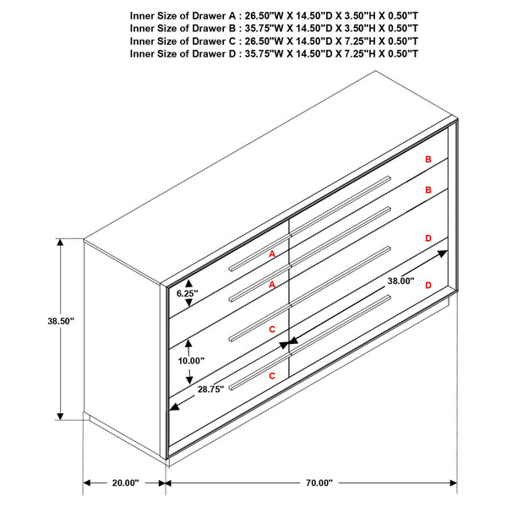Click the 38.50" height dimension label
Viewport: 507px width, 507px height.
(61, 321)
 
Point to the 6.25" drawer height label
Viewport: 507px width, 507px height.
(187, 293)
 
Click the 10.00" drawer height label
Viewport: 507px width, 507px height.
(191, 360)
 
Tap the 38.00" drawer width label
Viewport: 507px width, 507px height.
(401, 281)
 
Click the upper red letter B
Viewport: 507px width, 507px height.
(428, 160)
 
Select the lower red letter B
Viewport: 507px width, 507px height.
(428, 190)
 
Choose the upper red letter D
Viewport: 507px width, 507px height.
(428, 239)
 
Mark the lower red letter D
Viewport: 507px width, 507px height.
(428, 286)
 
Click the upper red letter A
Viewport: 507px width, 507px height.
(272, 253)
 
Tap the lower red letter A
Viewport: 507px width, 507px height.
(272, 285)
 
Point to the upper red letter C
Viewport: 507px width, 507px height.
(272, 329)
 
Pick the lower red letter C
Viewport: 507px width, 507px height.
(272, 374)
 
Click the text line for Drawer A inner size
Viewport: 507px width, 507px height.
(275, 15)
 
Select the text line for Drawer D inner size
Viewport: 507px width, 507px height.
(275, 53)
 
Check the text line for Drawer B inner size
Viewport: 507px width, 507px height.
(275, 28)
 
